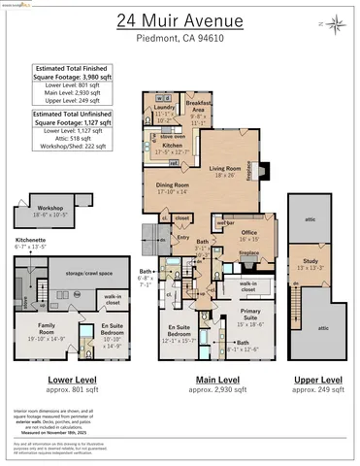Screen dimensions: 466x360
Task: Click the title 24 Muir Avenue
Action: click(x=179, y=20)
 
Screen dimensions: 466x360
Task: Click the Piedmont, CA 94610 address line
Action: click(x=179, y=44)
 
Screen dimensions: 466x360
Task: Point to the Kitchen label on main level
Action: click(x=172, y=146)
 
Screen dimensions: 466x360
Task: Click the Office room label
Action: click(x=249, y=234)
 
